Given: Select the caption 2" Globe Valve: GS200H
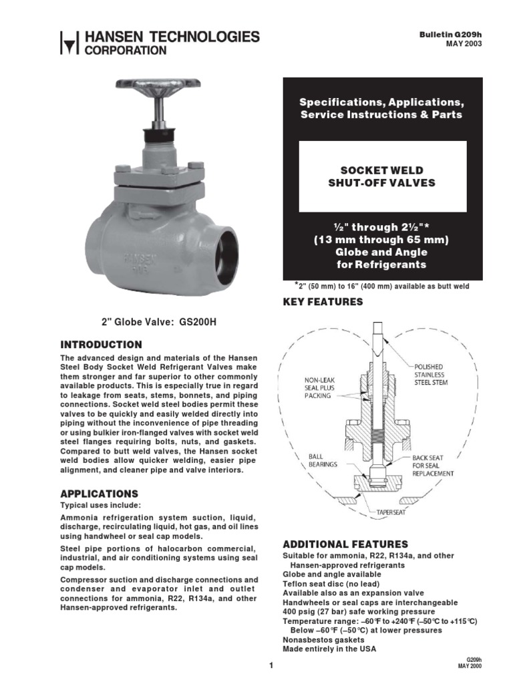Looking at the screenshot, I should (159, 322).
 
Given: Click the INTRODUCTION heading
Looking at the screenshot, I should (101, 345).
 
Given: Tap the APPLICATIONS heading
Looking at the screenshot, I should (99, 494).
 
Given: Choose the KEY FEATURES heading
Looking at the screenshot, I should (323, 302).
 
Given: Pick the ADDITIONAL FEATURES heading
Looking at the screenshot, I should (345, 544).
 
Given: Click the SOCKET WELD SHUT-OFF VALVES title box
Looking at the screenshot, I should (382, 176).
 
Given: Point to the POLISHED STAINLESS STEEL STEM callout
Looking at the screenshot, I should (436, 374).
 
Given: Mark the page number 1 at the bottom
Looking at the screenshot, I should (272, 666).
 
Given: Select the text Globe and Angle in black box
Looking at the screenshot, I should (381, 252).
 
